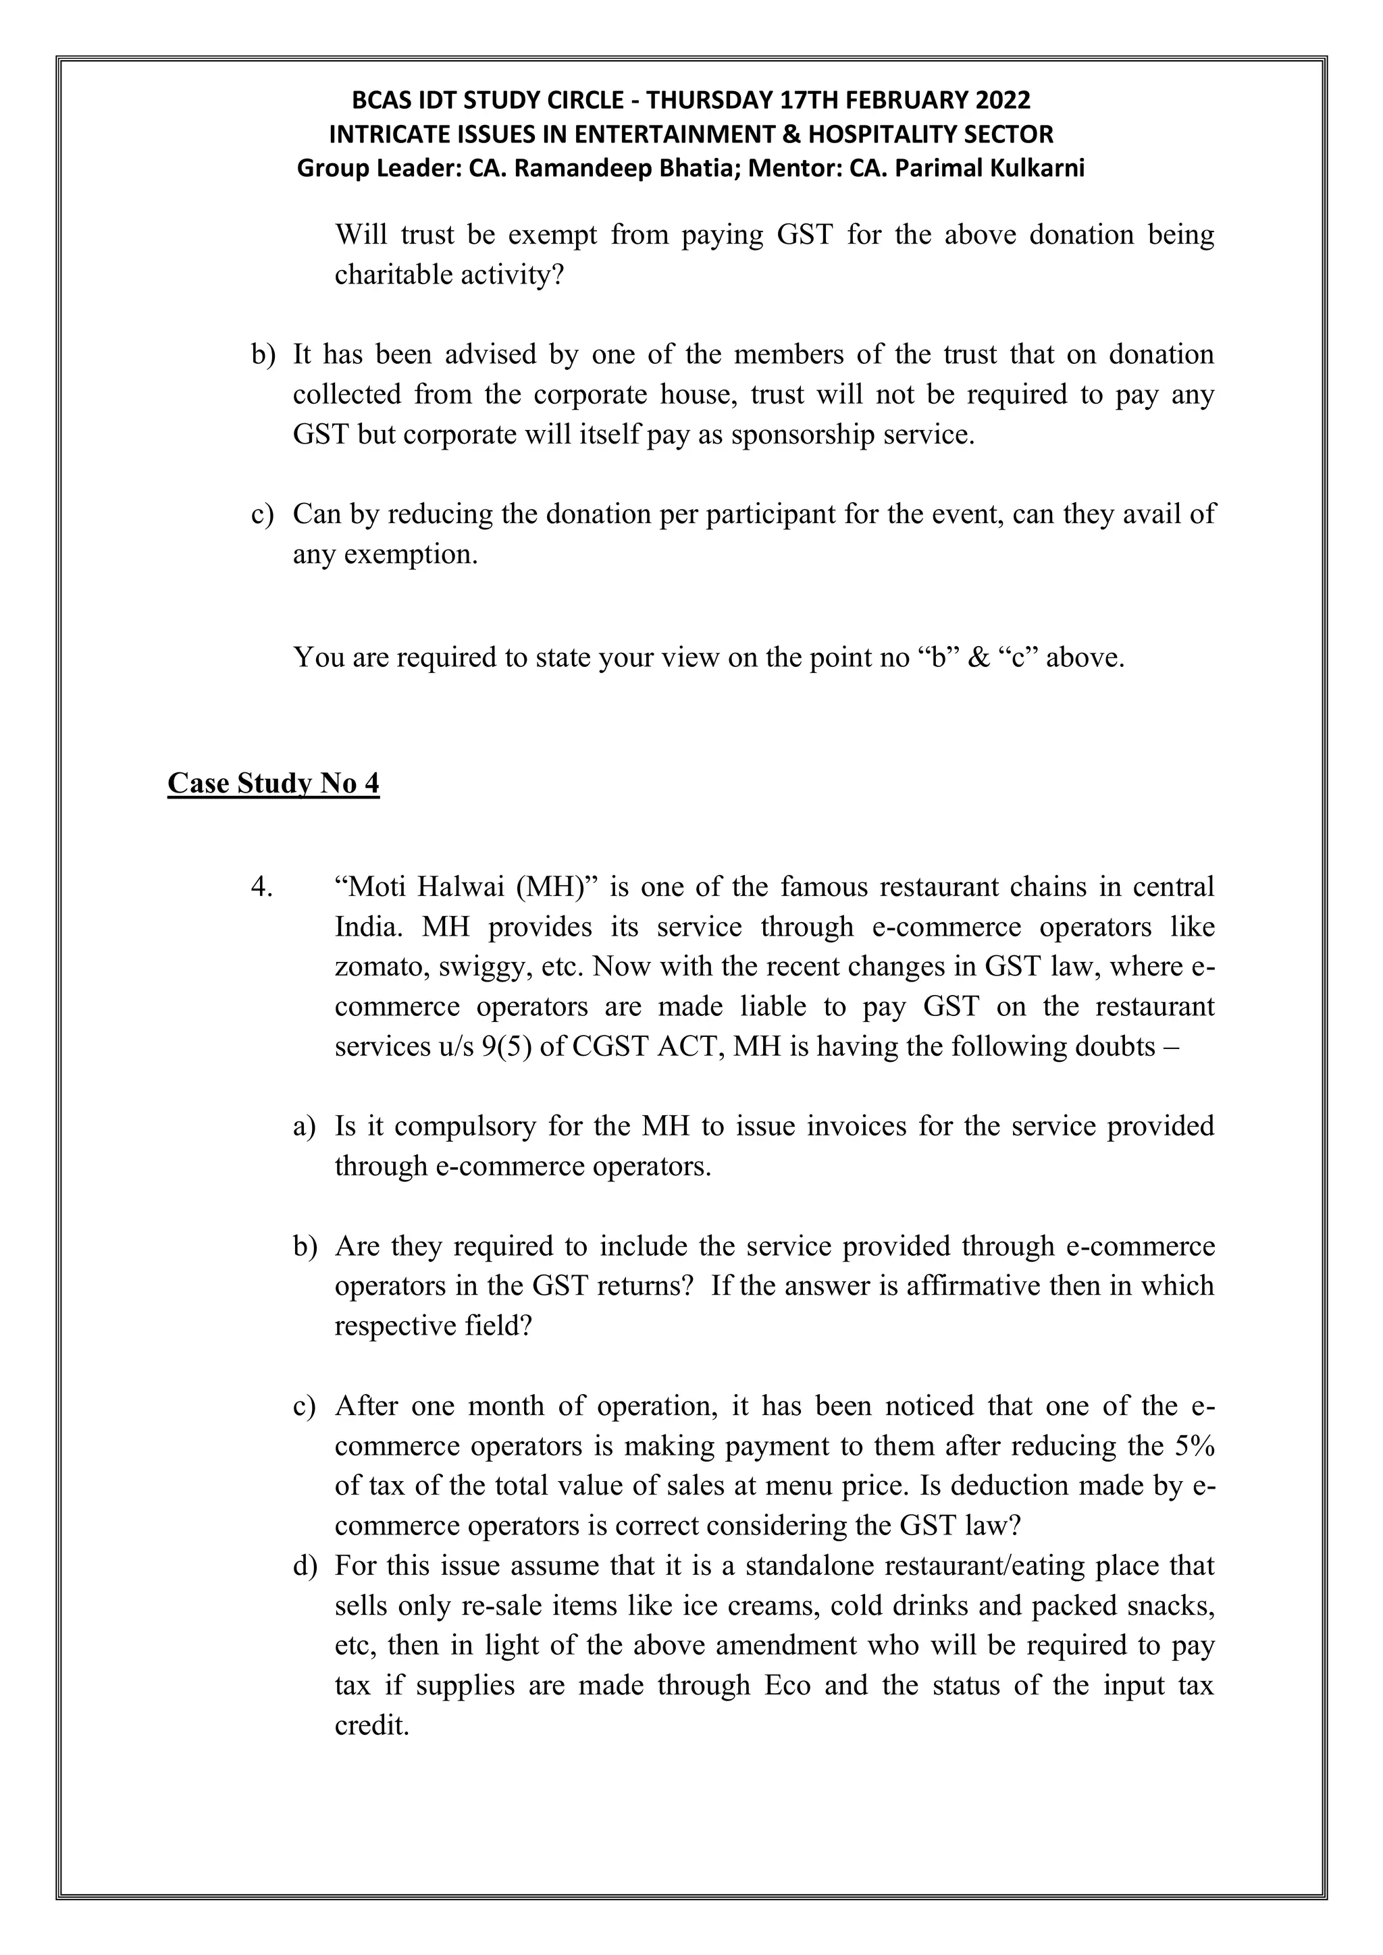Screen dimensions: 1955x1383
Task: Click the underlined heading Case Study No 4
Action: [273, 783]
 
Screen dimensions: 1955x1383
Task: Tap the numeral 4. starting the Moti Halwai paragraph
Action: [261, 887]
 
